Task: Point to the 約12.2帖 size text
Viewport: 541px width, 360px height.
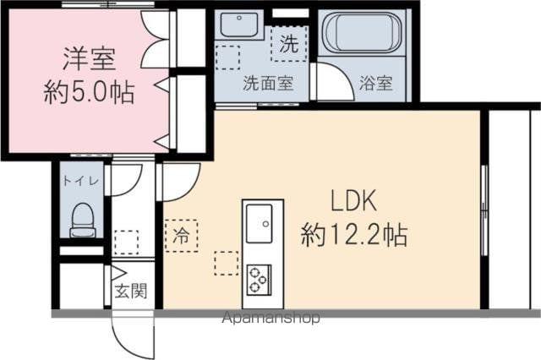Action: click(x=354, y=234)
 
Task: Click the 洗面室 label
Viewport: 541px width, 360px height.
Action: click(x=268, y=83)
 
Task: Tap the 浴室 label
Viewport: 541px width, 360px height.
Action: click(x=375, y=83)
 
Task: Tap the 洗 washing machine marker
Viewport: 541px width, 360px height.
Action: click(x=288, y=45)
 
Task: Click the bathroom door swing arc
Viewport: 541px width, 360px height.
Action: click(x=331, y=82)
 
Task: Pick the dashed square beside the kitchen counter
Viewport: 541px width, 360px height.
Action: click(x=226, y=264)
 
